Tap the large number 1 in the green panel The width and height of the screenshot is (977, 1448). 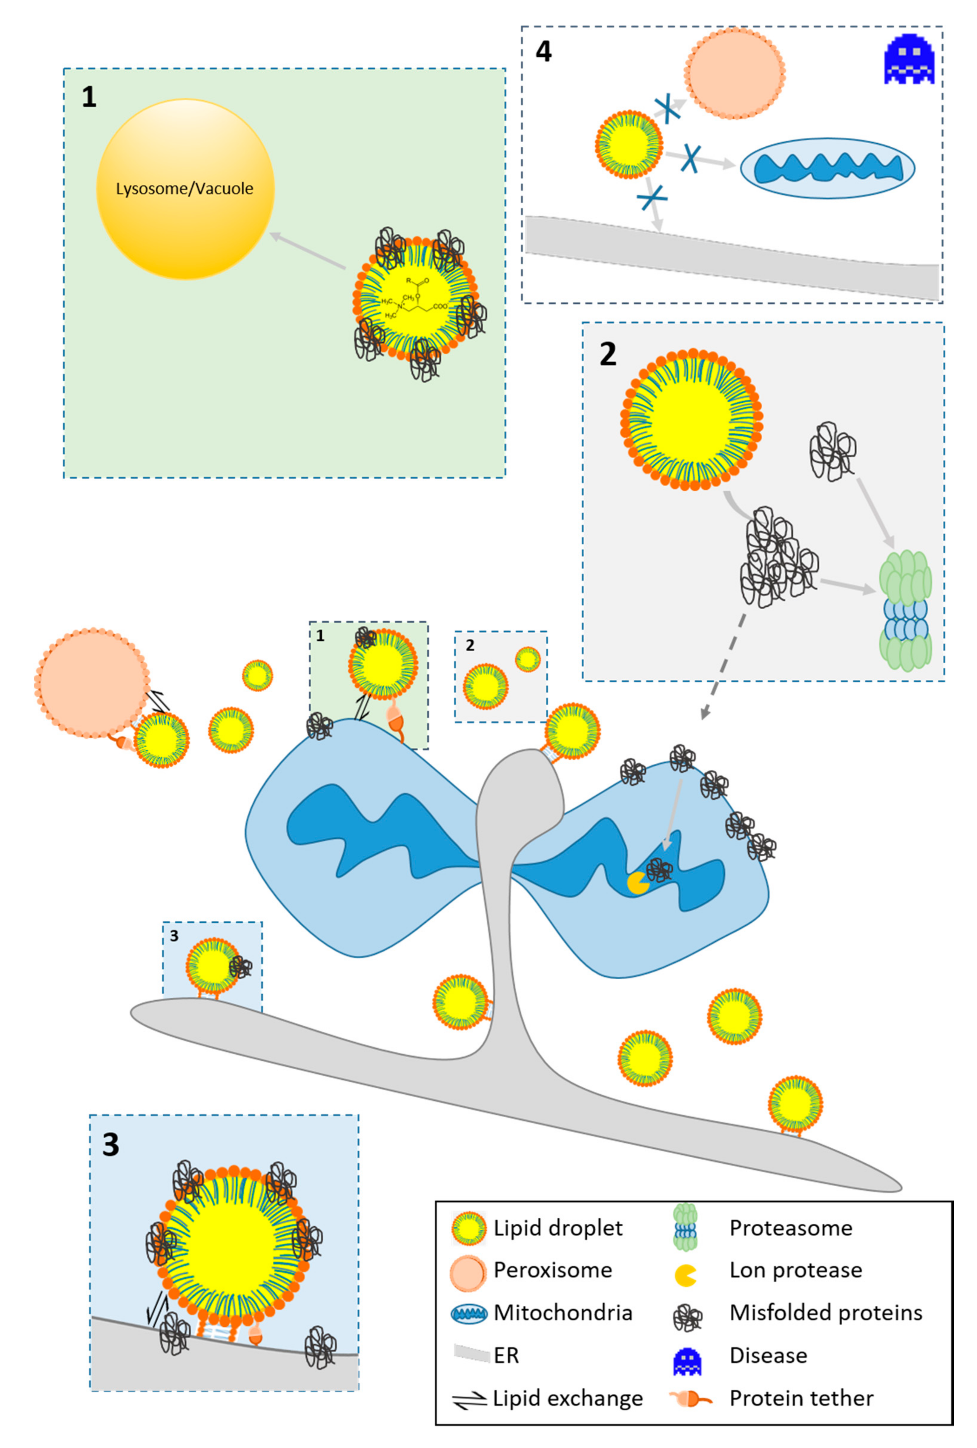coord(89,97)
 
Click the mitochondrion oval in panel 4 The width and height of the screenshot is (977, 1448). coord(827,168)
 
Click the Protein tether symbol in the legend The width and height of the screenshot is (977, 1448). coord(689,1399)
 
